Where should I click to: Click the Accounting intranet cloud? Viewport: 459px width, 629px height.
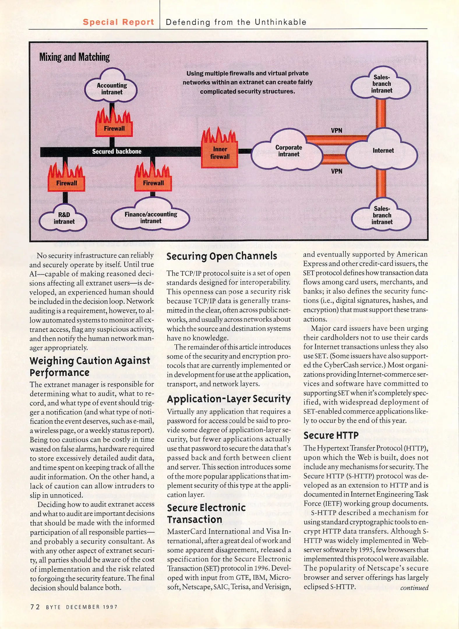click(112, 89)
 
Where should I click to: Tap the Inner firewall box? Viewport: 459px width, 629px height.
click(220, 153)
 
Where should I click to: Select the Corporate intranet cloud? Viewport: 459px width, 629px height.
click(288, 151)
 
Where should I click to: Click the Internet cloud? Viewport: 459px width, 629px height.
click(383, 151)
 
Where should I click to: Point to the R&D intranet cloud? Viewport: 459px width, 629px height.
click(64, 218)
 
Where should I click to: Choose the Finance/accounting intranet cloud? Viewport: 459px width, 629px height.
click(151, 218)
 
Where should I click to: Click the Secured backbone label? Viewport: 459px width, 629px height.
click(116, 151)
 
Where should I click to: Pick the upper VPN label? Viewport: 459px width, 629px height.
click(336, 130)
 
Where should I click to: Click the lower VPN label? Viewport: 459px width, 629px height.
click(336, 171)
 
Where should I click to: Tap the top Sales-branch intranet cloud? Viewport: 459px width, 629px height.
click(381, 84)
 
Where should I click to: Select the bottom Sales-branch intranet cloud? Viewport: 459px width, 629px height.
click(382, 215)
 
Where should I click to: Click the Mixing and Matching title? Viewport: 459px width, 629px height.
click(75, 57)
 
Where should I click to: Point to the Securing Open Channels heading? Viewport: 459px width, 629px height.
click(222, 256)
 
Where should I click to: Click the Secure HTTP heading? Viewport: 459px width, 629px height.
click(331, 435)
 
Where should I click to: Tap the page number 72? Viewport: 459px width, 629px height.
click(35, 607)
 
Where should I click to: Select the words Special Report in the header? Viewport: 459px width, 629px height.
click(118, 22)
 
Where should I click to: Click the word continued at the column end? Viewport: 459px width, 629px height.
click(414, 588)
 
